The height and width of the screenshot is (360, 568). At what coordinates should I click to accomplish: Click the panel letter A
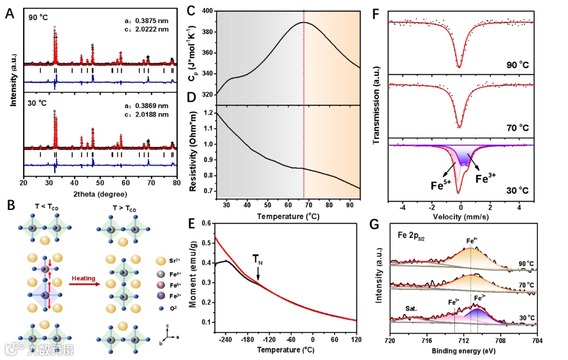click(9, 14)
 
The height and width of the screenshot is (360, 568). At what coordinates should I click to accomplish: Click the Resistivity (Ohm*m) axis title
click(195, 151)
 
